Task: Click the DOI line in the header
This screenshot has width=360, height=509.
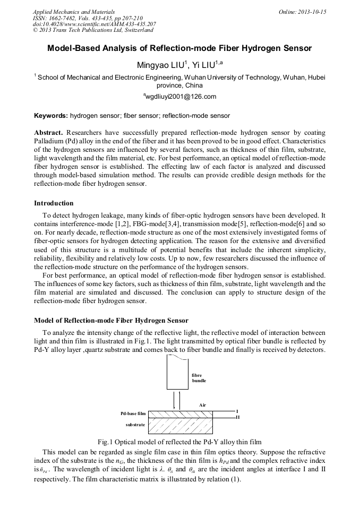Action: point(94,24)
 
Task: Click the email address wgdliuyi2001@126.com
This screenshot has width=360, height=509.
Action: point(180,97)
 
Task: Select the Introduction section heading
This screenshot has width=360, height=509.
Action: point(54,203)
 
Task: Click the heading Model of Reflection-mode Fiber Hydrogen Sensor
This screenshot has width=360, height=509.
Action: point(111,321)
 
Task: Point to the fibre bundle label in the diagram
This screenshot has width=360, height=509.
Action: point(199,378)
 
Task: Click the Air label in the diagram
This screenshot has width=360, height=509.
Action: point(202,404)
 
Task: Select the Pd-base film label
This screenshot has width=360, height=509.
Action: point(133,413)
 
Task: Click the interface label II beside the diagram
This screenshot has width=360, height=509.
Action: point(238,417)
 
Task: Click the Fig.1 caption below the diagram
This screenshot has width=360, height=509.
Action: point(179,442)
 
